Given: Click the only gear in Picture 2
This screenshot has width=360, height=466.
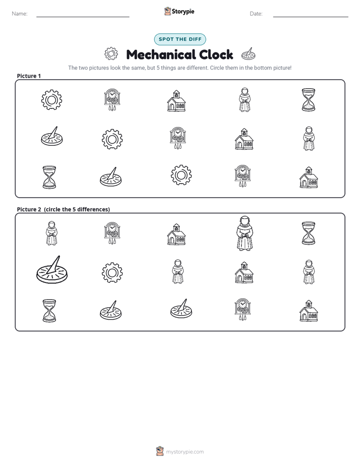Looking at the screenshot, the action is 112,272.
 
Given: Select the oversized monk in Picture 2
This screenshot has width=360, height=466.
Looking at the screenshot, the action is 245,233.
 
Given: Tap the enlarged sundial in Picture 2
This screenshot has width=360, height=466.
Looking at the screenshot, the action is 52,269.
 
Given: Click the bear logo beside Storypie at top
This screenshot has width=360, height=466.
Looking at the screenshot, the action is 167,11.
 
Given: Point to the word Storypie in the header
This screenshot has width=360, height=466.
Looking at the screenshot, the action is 183,12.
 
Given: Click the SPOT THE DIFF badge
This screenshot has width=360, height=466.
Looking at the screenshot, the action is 180,39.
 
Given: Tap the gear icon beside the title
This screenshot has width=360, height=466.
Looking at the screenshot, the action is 111,54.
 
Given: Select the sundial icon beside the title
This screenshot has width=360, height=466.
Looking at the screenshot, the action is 248,54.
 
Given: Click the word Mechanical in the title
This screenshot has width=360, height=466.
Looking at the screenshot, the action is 161,54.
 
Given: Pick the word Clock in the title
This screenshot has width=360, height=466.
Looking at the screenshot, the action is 216,54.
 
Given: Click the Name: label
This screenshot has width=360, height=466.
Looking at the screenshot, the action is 20,14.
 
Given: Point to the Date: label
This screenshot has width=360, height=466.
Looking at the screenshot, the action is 256,14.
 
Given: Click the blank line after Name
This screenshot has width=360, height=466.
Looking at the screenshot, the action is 83,17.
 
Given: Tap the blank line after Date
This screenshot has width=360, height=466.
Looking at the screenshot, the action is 311,17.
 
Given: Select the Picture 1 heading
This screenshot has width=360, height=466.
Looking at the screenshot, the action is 29,76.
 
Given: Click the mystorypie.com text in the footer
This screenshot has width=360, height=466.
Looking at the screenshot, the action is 185,452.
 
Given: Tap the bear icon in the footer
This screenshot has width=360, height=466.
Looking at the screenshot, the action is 160,451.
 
